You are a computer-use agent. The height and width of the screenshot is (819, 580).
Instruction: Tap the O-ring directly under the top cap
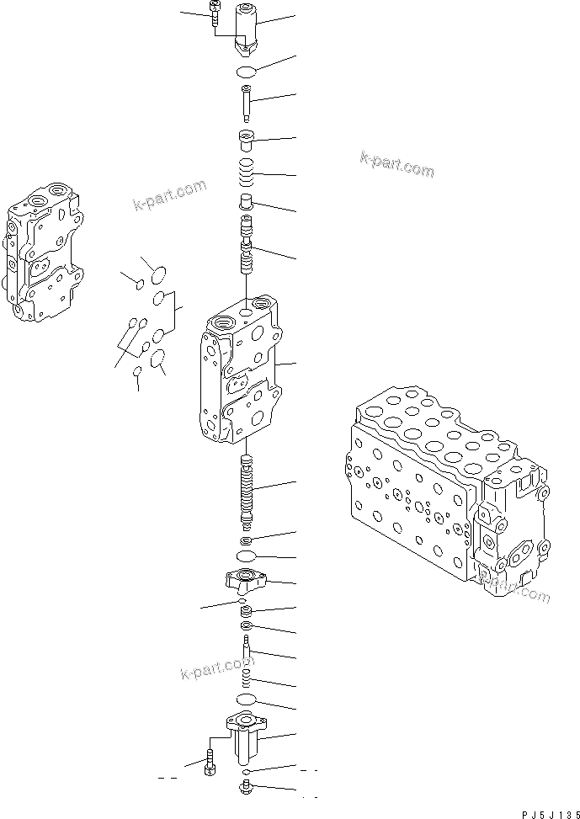tap(246, 71)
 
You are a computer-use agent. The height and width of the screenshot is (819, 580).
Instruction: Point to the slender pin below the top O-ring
tap(247, 104)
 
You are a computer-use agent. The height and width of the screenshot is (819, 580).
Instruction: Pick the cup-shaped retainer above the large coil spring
tap(247, 141)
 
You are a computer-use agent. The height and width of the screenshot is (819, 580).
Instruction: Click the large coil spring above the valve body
tap(247, 174)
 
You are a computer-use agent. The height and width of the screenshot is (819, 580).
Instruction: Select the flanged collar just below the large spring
tap(247, 203)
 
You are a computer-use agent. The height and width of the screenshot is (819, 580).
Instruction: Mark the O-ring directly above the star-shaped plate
tap(247, 557)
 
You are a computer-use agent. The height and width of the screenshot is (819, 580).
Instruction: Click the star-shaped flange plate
tap(246, 580)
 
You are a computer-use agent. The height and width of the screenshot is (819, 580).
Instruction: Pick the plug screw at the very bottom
tap(246, 789)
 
